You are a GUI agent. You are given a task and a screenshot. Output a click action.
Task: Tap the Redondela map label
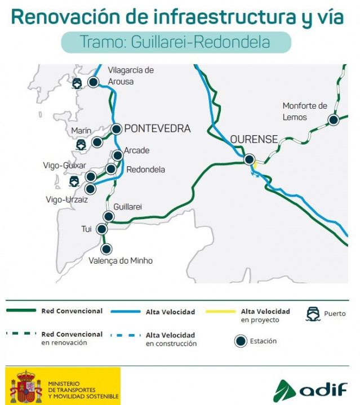pos(145,170)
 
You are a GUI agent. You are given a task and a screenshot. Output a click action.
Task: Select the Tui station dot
pos(101,229)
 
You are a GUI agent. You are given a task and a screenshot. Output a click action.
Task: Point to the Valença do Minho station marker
pos(105,248)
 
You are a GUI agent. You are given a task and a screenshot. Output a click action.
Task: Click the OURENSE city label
pos(254,139)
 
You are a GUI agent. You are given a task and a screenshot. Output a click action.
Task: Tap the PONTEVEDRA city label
pos(157,128)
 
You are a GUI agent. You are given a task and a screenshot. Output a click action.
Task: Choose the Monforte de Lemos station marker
pos(334,120)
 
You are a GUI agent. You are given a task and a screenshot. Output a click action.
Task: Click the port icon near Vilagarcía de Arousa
pos(77,83)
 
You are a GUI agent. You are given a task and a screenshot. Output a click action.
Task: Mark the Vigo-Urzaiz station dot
pos(90,189)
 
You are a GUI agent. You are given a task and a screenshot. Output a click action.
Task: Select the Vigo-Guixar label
pos(65,166)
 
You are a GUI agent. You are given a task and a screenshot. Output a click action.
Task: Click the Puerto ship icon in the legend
pos(313,314)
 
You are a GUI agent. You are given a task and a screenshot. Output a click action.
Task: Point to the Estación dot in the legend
pos(241,341)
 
